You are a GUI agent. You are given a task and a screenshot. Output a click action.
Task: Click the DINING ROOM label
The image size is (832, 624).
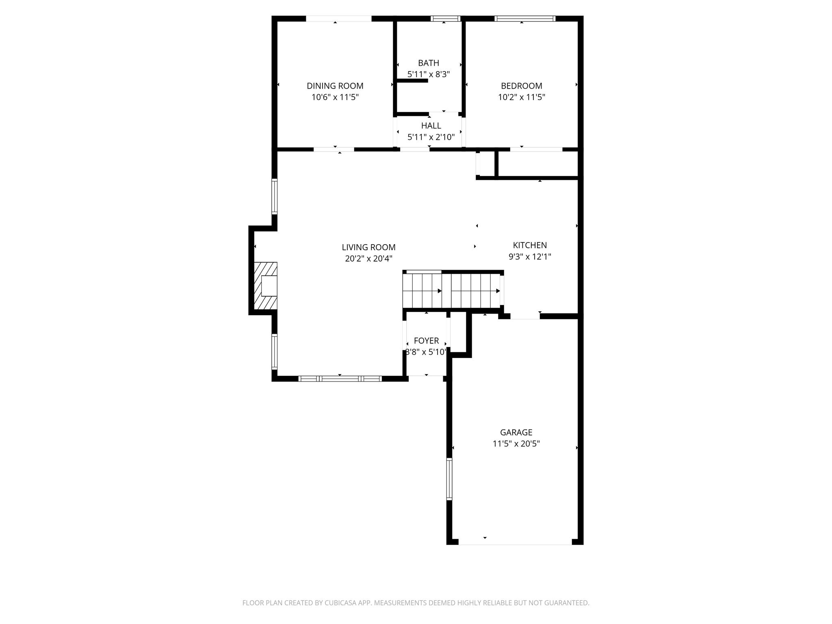tap(335, 86)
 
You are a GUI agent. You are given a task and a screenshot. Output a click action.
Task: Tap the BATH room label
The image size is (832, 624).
tap(429, 63)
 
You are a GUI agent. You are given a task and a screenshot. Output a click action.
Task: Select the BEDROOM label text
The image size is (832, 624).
tap(521, 86)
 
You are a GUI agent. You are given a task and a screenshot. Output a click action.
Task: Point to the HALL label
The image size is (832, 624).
tap(431, 126)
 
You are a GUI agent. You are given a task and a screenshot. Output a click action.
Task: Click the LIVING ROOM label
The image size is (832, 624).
tap(368, 247)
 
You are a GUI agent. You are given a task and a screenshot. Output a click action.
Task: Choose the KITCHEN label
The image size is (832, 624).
tap(530, 245)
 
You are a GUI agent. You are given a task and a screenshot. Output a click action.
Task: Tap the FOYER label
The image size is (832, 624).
tap(426, 340)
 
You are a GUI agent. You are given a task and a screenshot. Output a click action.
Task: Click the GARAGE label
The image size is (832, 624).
tap(516, 432)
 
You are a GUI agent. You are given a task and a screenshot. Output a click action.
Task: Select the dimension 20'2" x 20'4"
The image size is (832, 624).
tap(368, 258)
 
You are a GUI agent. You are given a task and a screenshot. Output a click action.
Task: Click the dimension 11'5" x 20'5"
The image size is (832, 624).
tap(516, 444)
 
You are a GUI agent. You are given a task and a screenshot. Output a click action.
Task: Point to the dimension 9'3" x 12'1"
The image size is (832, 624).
tap(530, 256)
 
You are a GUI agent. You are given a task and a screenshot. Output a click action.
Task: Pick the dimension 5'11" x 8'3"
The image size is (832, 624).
tap(429, 74)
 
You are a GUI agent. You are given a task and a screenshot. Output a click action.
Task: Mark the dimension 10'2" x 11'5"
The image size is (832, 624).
tap(521, 97)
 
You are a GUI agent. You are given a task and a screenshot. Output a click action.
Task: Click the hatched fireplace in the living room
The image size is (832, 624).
tap(266, 286)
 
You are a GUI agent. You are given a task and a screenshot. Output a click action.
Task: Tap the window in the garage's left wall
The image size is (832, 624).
tap(449, 479)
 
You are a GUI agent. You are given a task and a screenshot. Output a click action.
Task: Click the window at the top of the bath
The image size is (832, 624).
tap(445, 18)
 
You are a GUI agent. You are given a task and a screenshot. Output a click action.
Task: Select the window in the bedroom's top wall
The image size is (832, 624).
tap(525, 18)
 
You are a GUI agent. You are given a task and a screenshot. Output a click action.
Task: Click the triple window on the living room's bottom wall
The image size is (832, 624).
tap(340, 379)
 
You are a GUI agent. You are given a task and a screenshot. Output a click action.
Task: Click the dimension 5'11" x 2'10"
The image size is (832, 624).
tap(431, 137)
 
